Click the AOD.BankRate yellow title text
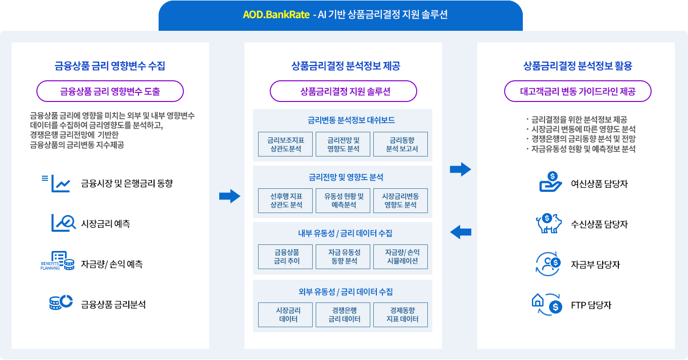pos(276,15)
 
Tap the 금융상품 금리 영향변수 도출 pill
pos(110,91)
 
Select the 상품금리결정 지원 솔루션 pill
pos(343,91)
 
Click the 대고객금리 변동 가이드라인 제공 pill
pos(578,91)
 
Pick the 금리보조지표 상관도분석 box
pos(285,144)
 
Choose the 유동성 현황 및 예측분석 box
pos(343,200)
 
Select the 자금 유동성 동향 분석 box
pos(343,257)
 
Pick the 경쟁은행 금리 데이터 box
pos(343,315)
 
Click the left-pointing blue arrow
pos(460,232)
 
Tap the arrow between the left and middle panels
pos(229,196)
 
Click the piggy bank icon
pos(549,223)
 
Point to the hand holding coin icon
pos(550,182)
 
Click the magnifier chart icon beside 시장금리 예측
pos(63,223)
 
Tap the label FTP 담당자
pos(591,305)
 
